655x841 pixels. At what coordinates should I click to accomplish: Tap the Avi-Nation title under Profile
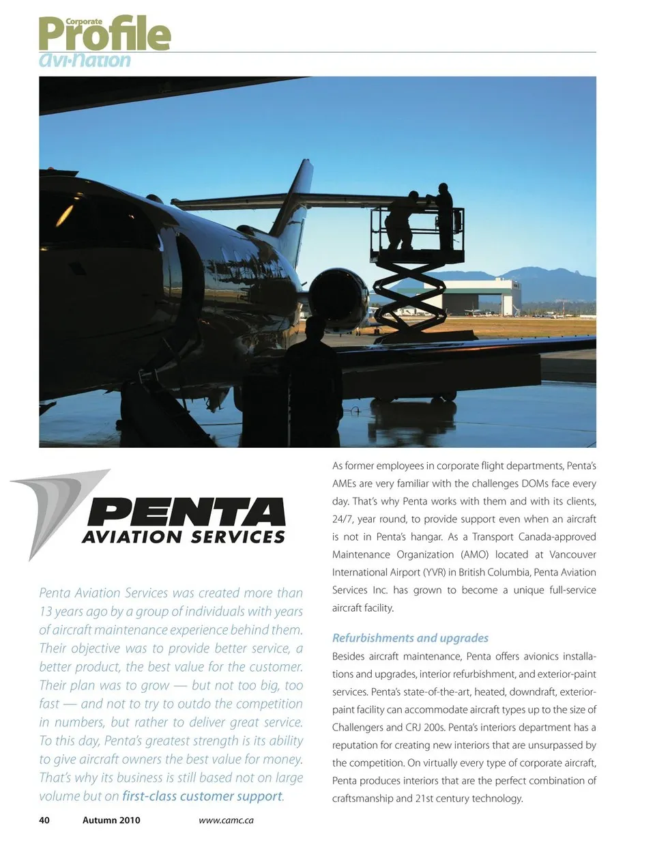85,60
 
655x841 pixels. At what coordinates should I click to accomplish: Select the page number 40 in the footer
44,820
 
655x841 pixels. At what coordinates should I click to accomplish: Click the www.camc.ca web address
226,820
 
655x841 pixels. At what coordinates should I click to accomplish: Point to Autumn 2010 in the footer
111,820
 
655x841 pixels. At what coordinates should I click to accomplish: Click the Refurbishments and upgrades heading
410,638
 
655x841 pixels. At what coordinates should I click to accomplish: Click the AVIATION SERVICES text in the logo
183,537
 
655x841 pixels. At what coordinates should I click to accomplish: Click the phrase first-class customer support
202,796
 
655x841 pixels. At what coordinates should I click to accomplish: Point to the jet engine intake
339,299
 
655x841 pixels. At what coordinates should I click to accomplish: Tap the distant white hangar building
471,295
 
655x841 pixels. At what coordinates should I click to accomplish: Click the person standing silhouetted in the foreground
314,382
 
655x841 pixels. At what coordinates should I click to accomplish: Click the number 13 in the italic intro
46,612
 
